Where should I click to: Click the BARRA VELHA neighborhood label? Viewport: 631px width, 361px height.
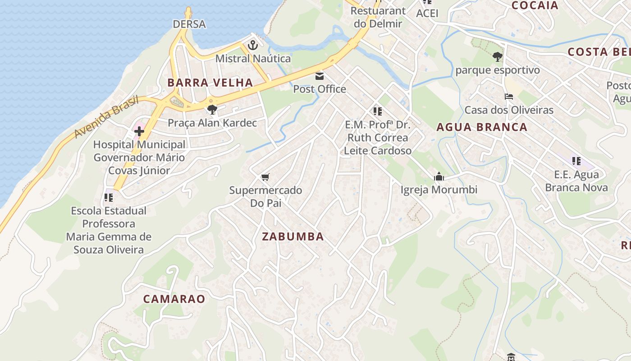210,83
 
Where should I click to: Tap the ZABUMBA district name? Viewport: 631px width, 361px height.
293,236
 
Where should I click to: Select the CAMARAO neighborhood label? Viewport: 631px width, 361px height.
174,299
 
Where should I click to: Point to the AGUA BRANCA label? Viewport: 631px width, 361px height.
482,127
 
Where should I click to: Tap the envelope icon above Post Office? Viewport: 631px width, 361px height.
320,76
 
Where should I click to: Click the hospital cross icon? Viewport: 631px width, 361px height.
139,131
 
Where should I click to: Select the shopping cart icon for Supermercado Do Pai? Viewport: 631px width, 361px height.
265,177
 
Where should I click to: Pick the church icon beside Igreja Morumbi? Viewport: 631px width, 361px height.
439,177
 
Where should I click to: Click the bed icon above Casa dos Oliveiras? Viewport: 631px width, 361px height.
508,97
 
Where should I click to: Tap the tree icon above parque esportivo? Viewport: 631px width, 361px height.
497,57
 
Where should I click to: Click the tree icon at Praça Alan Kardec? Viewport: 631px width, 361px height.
212,109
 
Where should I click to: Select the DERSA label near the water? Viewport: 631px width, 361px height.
189,24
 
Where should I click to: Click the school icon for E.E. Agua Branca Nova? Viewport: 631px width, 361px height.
576,161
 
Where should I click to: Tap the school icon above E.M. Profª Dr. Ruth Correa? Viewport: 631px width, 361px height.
377,111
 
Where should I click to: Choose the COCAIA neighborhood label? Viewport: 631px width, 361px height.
535,5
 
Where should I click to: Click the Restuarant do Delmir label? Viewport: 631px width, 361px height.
378,17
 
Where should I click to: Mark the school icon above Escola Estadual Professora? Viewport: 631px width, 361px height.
108,197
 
